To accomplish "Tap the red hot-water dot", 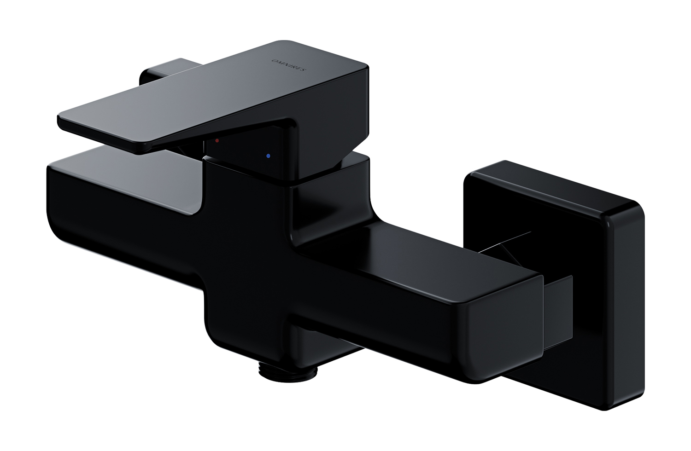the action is click(x=217, y=140).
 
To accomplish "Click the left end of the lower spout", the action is click(x=51, y=197).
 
